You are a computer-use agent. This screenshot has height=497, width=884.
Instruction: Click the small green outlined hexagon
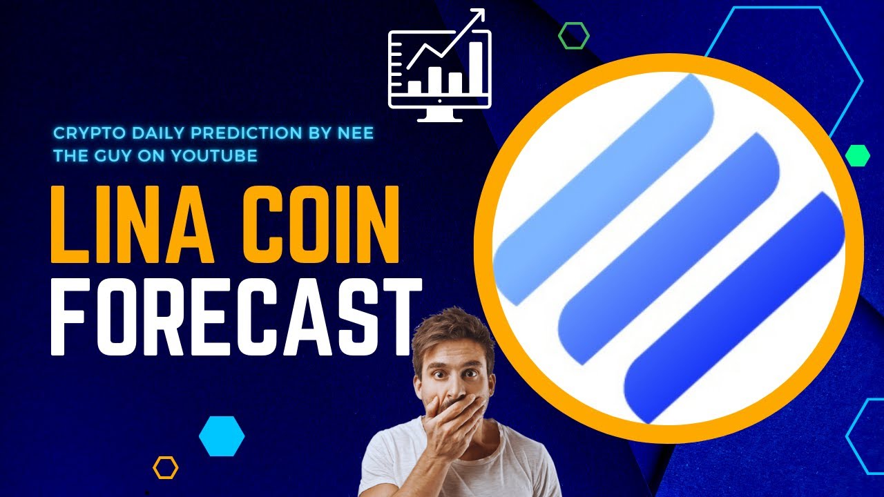pos(573,35)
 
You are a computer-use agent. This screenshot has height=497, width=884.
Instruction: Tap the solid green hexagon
pos(857,155)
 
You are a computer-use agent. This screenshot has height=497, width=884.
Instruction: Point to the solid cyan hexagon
pos(222,436)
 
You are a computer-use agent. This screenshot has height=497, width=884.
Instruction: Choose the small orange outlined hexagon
pos(166,467)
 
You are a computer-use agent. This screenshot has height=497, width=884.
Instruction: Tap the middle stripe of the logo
pos(670,248)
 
